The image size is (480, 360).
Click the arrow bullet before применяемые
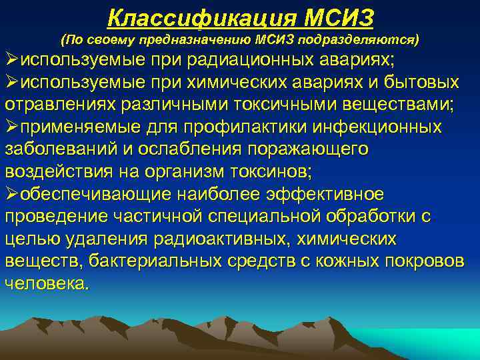[x=11, y=127]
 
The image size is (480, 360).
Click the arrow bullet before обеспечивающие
[x=11, y=193]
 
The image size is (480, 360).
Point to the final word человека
[x=45, y=283]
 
